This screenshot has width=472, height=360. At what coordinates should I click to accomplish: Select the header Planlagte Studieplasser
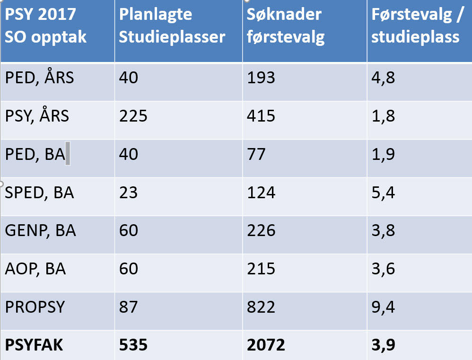tap(172, 26)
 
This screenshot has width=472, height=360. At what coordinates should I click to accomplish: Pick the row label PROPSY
tap(35, 307)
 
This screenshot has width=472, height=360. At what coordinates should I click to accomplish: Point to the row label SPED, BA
tap(40, 193)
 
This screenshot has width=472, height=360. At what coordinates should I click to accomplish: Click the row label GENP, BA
tap(41, 231)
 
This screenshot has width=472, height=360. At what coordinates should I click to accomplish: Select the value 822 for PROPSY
tap(261, 307)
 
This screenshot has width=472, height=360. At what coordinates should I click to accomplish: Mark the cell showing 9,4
tap(383, 307)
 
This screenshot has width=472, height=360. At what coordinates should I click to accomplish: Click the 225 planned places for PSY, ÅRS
tap(133, 116)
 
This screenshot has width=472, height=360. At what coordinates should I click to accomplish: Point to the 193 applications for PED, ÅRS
tap(261, 78)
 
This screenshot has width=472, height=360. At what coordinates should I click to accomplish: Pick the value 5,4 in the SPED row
tap(383, 193)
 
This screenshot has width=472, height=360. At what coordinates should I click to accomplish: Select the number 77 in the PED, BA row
tap(256, 154)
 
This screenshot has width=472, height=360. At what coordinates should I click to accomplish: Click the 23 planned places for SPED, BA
tap(128, 193)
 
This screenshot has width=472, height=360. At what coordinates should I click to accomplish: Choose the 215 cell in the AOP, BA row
tap(261, 269)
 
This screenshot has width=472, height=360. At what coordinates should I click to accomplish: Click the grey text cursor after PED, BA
tap(68, 154)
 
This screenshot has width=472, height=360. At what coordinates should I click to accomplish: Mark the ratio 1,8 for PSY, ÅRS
tap(383, 116)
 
